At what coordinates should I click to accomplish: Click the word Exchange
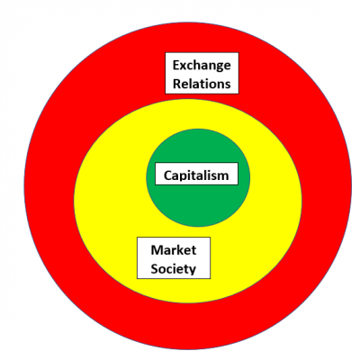202,66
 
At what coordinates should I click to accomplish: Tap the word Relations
202,84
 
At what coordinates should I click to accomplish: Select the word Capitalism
196,175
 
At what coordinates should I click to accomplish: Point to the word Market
174,250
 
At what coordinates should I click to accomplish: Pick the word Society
174,269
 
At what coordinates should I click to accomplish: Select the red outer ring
48,186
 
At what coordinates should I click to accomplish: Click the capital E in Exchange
176,65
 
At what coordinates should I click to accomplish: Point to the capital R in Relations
176,84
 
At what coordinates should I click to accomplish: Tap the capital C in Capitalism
168,175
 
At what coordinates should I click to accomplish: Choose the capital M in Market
157,250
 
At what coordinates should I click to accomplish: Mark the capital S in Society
155,269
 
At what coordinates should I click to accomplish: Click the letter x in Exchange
184,67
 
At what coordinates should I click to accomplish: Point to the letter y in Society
192,271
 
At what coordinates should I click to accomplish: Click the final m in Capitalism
223,176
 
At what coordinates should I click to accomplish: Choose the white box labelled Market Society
174,258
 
